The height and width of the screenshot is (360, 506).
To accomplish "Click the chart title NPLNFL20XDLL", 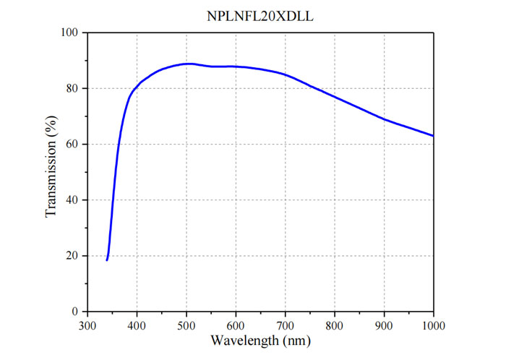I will tap(260, 14).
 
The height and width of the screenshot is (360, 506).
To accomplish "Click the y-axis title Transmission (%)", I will tap(51, 172).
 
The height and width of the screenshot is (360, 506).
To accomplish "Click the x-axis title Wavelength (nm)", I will tap(260, 339).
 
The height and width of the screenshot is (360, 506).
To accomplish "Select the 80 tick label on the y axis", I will tap(72, 88).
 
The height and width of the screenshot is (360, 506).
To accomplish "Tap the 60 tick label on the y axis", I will tap(72, 145).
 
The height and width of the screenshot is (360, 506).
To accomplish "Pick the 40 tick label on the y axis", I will tap(72, 200).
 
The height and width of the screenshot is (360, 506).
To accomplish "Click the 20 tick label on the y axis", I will tap(72, 256).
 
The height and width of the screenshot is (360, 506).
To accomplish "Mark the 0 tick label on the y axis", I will tap(75, 312).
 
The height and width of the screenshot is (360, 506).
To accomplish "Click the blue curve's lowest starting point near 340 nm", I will tap(107, 260).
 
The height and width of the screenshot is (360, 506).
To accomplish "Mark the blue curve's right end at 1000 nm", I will tap(434, 136).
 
